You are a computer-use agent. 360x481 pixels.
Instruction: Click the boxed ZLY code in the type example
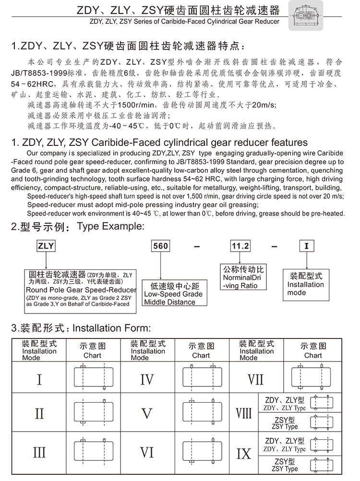click(46, 246)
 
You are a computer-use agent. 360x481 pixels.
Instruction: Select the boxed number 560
click(160, 246)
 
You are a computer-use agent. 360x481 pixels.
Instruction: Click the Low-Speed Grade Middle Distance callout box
click(173, 294)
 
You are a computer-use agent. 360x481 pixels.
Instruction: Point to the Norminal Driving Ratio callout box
click(243, 278)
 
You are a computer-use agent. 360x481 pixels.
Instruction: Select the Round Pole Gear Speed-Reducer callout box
click(81, 288)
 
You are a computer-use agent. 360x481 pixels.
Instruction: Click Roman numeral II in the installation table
click(39, 413)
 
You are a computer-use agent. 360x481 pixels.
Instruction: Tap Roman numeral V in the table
click(147, 413)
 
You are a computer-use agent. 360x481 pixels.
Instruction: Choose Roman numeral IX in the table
click(244, 453)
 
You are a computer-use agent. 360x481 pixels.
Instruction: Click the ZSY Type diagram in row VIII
click(322, 423)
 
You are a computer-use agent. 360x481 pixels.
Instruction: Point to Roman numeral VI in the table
click(147, 452)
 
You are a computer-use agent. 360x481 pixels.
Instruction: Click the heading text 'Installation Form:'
click(111, 328)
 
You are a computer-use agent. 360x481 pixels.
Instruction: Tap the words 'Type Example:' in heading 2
click(110, 226)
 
